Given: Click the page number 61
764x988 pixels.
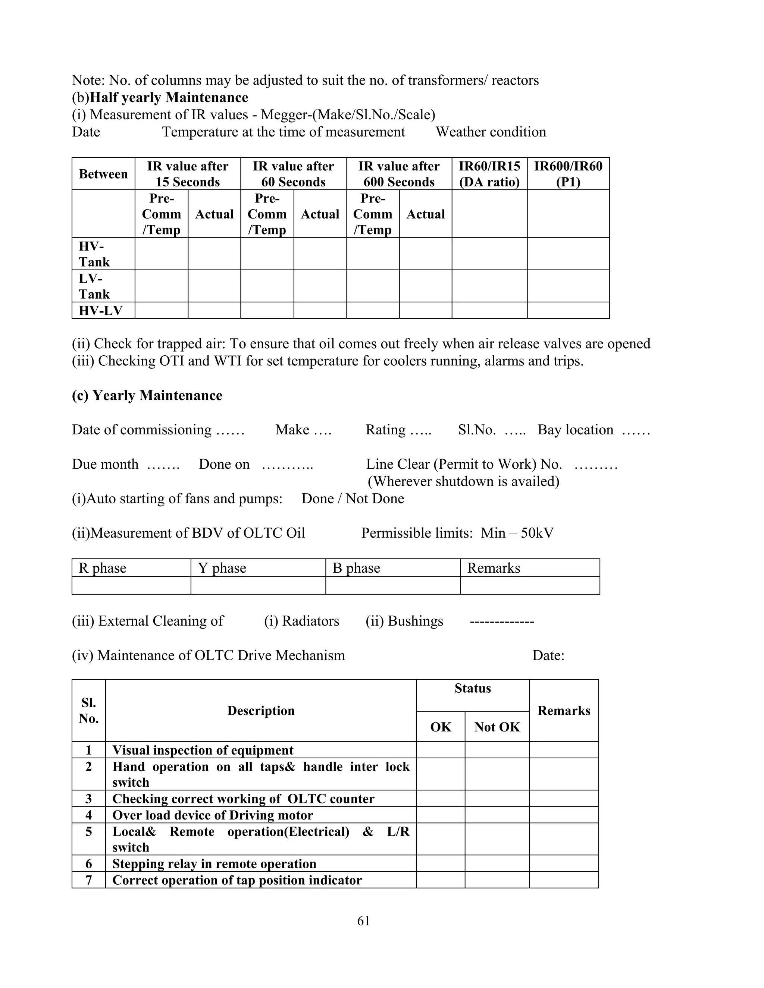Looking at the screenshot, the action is (363, 921).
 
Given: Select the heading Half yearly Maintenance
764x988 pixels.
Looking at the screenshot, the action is (169, 97).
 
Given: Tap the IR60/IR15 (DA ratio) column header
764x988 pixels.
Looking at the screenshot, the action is (489, 174).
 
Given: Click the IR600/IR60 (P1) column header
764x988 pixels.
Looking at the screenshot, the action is (568, 174).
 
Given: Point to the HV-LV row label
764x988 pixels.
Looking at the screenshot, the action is (100, 310).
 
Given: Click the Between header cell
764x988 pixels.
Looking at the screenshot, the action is (103, 174).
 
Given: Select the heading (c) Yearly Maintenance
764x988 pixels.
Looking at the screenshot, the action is (147, 395).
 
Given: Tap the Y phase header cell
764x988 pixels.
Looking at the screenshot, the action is (222, 568).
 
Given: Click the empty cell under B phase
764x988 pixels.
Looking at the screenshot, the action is (392, 585).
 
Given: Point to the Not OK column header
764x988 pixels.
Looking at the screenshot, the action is (497, 727).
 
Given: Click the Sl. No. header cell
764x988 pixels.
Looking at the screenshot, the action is (89, 711).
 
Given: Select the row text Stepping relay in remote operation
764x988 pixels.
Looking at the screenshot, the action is (214, 863).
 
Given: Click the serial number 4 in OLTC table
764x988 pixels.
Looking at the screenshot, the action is (89, 815).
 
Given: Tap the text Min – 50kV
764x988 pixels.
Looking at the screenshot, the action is (517, 533).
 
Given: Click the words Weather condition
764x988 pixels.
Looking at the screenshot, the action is (491, 132).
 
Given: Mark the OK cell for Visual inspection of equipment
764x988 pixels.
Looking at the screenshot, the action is (441, 750).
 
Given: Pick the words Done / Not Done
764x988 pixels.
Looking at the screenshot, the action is (353, 498).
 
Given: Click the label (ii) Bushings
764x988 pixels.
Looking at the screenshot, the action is (404, 621).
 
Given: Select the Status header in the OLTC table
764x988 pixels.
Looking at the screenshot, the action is (473, 688).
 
